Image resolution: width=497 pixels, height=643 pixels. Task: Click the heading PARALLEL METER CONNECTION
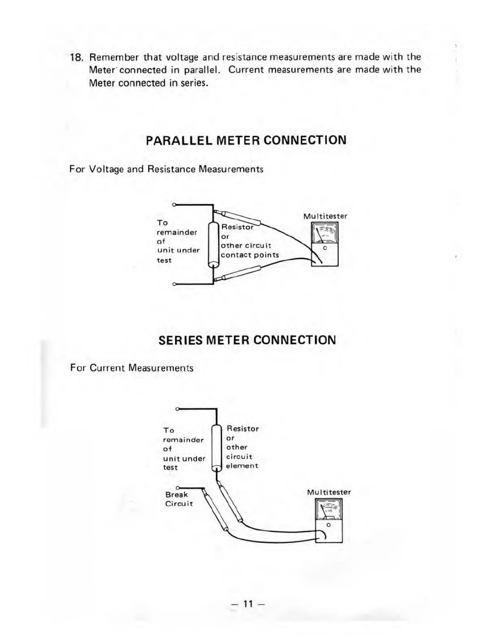tap(246, 140)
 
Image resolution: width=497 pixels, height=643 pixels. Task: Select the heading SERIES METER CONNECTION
tap(247, 340)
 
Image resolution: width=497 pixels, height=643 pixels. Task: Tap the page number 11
tap(248, 604)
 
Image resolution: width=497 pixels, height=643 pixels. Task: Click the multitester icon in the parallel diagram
tap(324, 246)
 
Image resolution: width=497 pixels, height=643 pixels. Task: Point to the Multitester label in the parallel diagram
tap(325, 216)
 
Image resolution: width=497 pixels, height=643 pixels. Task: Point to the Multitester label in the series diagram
tap(329, 492)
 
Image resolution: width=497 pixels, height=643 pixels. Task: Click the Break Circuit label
tap(179, 499)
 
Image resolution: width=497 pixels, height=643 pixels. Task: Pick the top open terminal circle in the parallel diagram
tap(174, 205)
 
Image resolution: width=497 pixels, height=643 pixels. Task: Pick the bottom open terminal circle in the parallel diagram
tap(174, 284)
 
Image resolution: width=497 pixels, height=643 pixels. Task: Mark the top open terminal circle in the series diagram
tap(177, 409)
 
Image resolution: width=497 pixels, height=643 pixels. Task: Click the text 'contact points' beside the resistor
tap(250, 255)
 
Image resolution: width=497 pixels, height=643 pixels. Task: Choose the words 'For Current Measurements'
tap(132, 368)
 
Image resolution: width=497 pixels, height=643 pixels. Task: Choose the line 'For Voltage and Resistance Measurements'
tap(166, 169)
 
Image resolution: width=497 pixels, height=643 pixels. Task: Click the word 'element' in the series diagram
tap(242, 466)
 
